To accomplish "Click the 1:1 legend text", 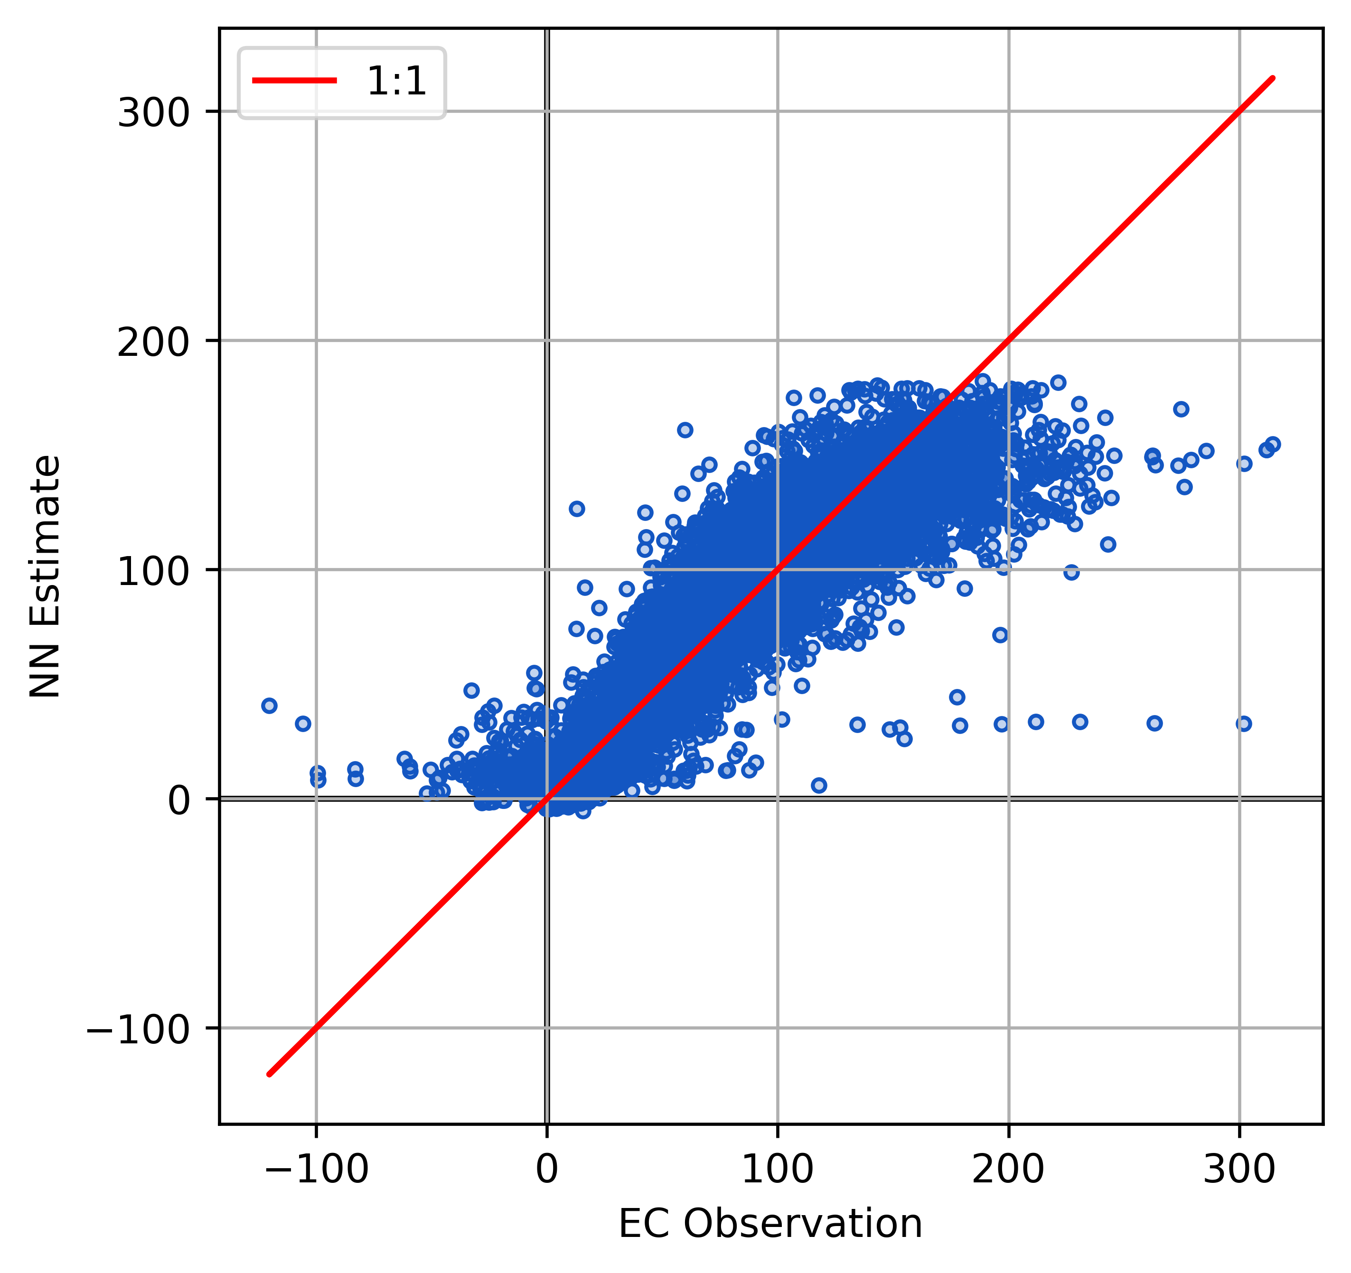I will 396,82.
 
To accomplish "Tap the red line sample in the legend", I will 294,81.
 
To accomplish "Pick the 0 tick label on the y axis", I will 179,800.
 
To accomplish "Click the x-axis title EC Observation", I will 770,1224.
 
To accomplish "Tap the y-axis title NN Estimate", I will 46,576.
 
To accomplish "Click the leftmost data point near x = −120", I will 270,705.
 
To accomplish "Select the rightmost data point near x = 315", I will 1273,444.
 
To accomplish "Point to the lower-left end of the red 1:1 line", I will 270,1074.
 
